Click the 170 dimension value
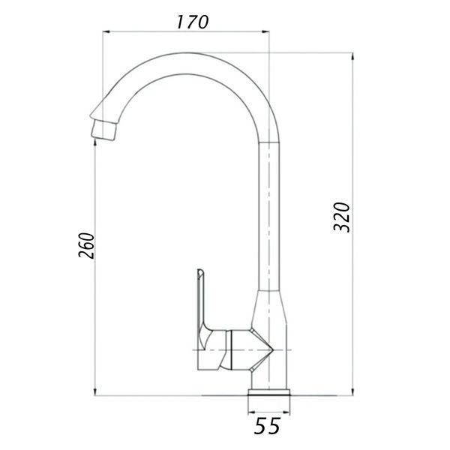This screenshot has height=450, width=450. tap(192, 22)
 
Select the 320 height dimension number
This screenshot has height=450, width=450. tap(342, 217)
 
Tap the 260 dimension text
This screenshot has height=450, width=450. tap(86, 246)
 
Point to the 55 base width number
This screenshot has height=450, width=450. tap(266, 425)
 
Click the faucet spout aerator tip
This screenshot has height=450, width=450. tap(103, 130)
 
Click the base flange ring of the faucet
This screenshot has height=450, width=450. tap(269, 392)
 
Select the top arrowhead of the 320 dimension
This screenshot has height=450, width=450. tap(352, 56)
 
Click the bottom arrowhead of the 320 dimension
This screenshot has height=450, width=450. tap(352, 392)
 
